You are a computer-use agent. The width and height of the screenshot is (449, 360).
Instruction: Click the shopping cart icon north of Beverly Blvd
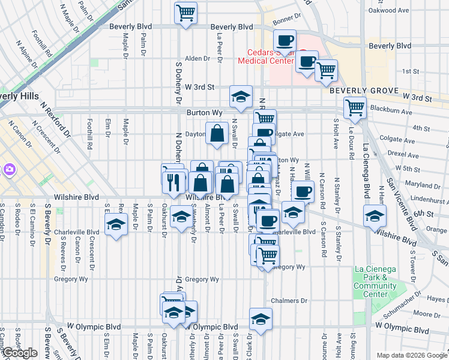click(x=186, y=12)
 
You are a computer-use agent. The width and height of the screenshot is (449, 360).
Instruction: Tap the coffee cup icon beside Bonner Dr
click(x=285, y=41)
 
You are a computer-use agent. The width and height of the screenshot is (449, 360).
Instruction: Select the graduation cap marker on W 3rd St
click(x=241, y=96)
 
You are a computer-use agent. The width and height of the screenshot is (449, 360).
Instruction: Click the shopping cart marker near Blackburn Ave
click(x=355, y=107)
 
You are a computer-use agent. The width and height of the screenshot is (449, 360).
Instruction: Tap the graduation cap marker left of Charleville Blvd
click(x=115, y=226)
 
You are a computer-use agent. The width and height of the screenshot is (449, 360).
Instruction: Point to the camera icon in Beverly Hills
click(x=8, y=169)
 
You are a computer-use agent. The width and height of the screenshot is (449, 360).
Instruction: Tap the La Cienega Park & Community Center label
click(x=375, y=281)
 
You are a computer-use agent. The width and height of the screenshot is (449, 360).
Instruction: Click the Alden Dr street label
click(x=197, y=59)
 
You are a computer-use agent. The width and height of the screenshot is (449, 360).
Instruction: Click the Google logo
click(x=20, y=353)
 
